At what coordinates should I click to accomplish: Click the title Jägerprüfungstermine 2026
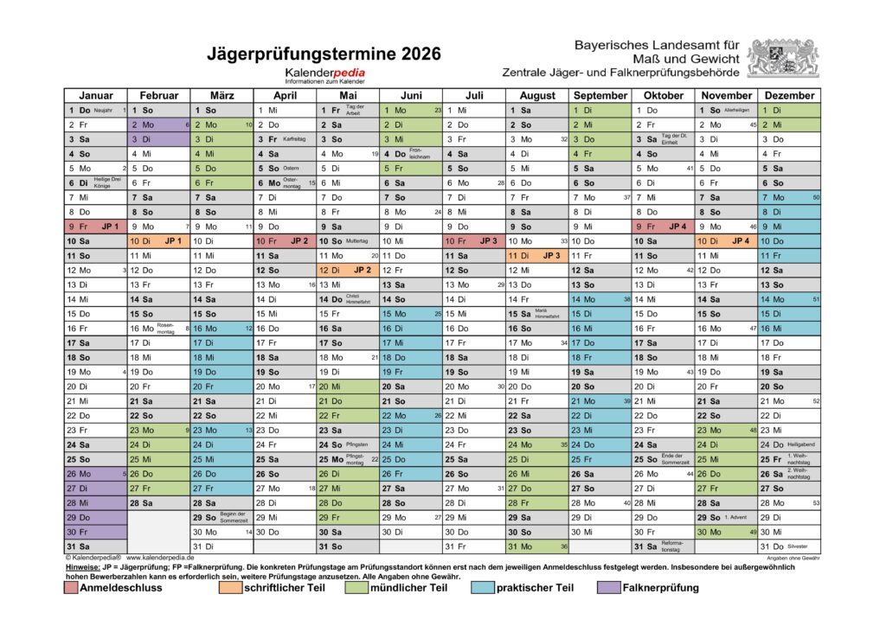(x=324, y=54)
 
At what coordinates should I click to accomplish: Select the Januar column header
(x=96, y=95)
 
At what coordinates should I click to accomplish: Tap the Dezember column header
(x=789, y=95)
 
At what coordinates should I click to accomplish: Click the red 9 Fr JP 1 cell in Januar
(x=96, y=227)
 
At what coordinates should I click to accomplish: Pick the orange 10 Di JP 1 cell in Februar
(x=159, y=241)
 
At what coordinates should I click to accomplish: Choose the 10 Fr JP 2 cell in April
(x=285, y=241)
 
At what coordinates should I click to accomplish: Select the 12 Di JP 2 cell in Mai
(x=348, y=270)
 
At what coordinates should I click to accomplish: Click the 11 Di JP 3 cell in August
(x=536, y=256)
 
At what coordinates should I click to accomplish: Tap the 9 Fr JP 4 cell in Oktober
(x=663, y=227)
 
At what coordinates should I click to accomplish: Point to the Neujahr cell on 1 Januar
(x=96, y=111)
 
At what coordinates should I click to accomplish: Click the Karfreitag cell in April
(x=285, y=139)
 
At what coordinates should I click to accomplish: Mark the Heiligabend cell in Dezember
(x=789, y=444)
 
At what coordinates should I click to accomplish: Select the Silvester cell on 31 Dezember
(x=789, y=546)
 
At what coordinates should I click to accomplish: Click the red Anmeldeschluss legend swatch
(x=71, y=588)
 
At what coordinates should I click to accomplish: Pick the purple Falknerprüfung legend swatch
(x=607, y=588)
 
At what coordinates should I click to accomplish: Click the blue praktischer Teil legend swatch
(x=483, y=588)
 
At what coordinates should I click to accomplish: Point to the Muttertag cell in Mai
(x=348, y=241)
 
